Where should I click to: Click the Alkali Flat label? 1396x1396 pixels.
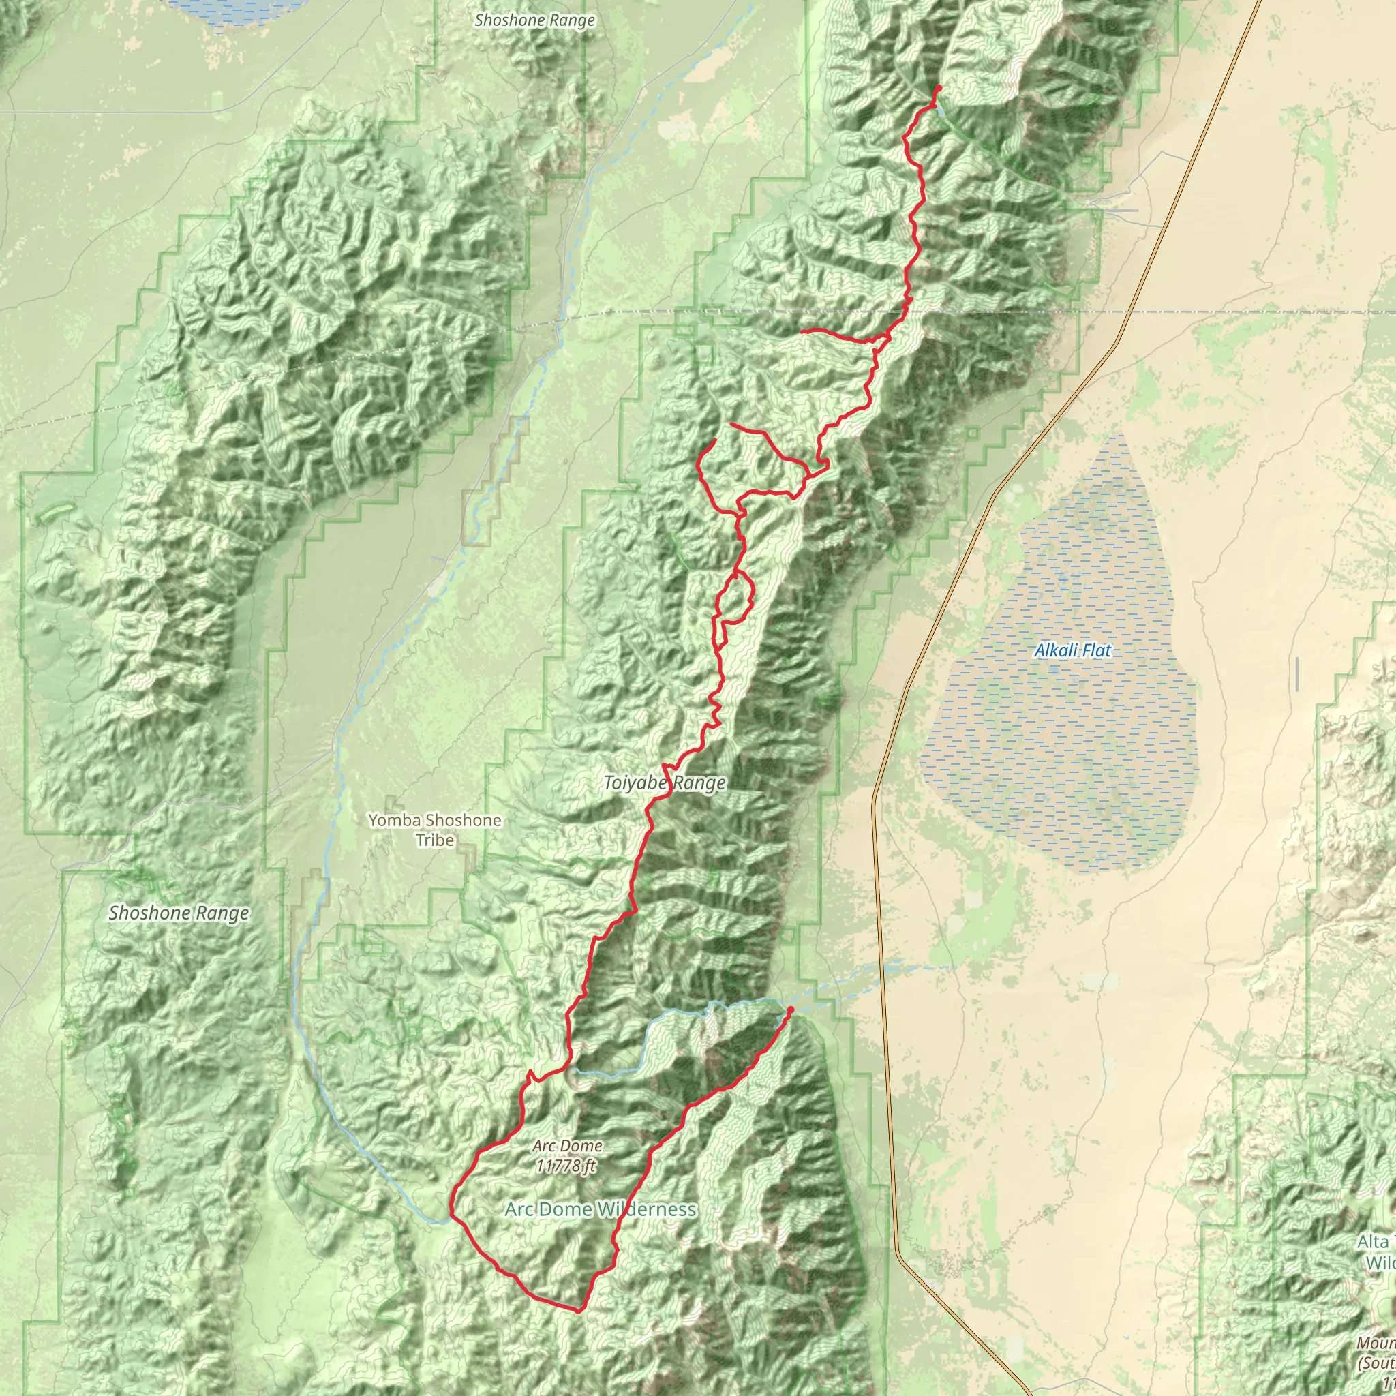[x=1072, y=650]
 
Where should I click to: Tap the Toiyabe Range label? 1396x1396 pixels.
[x=665, y=783]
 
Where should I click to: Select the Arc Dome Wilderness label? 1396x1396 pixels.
[x=601, y=1210]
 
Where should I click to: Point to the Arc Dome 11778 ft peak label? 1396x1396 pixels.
[x=567, y=1155]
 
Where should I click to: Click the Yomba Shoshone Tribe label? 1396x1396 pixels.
[x=434, y=830]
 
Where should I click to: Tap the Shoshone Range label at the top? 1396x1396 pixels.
[x=534, y=20]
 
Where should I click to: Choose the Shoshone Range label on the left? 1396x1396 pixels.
[x=179, y=913]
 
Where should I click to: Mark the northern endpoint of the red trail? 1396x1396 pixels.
[x=939, y=87]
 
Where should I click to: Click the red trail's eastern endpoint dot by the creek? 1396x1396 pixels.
[x=790, y=1010]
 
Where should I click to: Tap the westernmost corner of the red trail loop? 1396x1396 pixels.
[x=452, y=1213]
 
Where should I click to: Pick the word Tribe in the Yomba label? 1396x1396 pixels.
[x=434, y=840]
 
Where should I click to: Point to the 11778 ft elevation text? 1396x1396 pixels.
[x=567, y=1165]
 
